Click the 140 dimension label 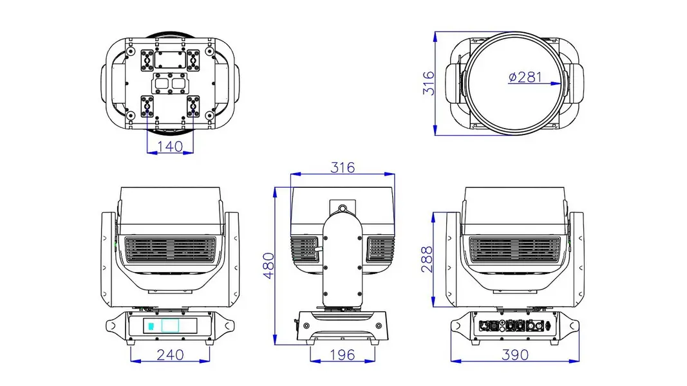[170, 146]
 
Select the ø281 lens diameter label [525, 77]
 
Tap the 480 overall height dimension [268, 266]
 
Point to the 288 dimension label [427, 259]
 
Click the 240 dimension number [171, 354]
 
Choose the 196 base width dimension [342, 354]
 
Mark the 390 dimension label [515, 354]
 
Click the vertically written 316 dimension [429, 83]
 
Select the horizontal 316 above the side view [343, 167]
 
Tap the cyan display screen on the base [170, 326]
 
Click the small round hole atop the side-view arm [343, 208]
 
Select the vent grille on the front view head [171, 250]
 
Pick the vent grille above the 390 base [515, 250]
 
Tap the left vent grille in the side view [304, 250]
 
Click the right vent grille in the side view [381, 250]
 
